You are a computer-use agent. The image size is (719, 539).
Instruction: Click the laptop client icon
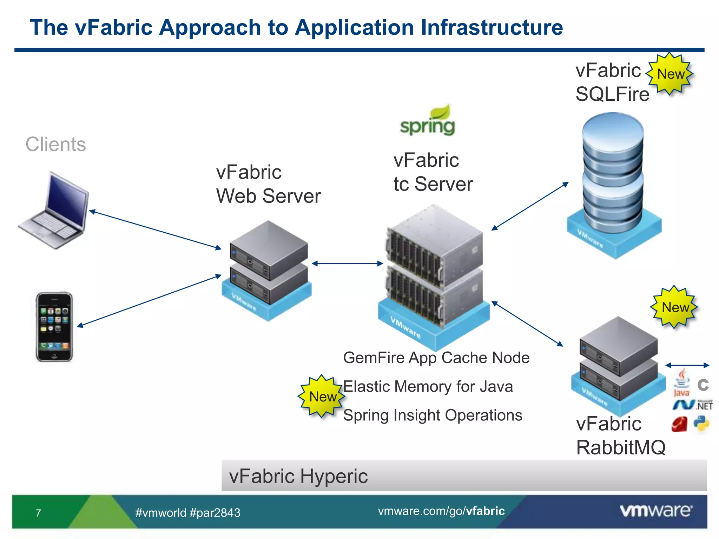(54, 211)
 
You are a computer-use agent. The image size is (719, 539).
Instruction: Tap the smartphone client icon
(54, 326)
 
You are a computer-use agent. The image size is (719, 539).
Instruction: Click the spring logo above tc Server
(428, 121)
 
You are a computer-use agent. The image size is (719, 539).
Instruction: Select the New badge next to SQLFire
(670, 74)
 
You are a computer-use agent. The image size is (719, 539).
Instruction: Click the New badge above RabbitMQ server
(674, 307)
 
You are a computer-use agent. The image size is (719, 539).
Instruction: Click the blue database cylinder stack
(613, 174)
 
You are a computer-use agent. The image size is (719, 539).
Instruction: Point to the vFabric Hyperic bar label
(298, 476)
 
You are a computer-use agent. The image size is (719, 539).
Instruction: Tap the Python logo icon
(701, 424)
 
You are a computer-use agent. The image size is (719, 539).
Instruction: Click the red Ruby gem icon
(679, 424)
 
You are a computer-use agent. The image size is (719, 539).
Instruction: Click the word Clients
(55, 144)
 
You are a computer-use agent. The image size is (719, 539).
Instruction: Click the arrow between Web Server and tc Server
(347, 263)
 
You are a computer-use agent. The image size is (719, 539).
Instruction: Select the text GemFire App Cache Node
(436, 358)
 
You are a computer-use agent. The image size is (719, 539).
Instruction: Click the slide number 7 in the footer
(38, 513)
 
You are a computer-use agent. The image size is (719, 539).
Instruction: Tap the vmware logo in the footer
(656, 511)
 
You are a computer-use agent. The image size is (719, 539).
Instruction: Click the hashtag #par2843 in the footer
(215, 513)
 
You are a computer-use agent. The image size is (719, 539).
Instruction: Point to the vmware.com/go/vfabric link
(441, 511)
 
